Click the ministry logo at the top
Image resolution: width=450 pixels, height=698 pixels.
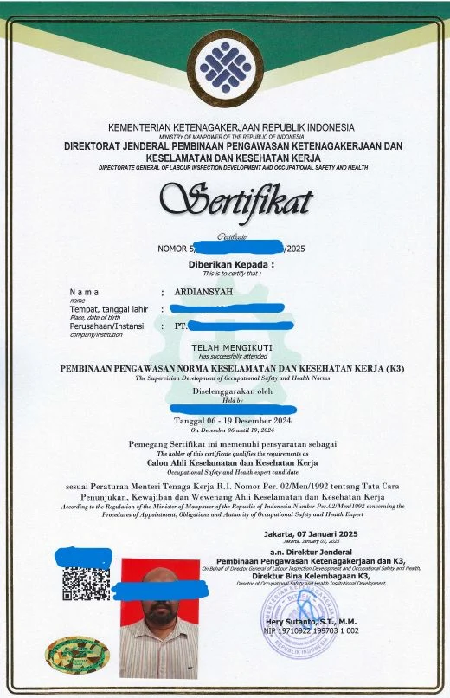225,67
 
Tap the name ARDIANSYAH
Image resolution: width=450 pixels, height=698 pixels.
204,293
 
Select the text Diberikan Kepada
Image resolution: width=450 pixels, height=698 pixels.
231,264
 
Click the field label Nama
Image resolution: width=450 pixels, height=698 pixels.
84,293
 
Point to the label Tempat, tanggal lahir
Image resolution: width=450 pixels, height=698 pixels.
109,309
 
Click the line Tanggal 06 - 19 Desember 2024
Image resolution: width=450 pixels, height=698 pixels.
231,420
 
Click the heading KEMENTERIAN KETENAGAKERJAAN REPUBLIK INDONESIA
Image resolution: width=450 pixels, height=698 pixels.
231,128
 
